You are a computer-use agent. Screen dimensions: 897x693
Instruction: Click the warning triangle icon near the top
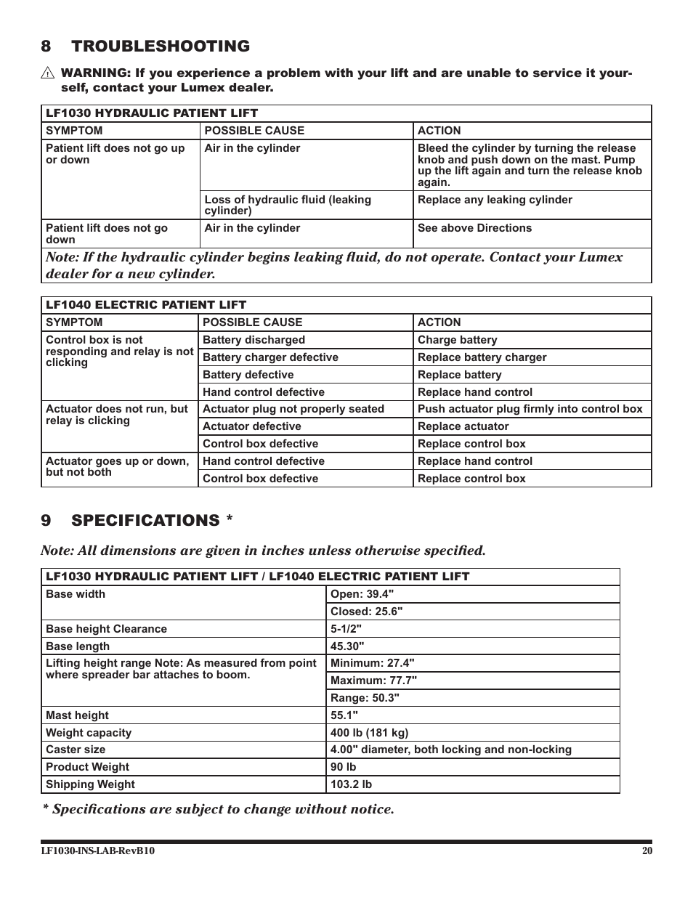click(48, 73)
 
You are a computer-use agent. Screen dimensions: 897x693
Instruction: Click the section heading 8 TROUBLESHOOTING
click(145, 46)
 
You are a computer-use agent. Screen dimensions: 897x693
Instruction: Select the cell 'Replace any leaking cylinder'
click(495, 200)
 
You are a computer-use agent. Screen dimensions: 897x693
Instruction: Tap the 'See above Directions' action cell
click(474, 228)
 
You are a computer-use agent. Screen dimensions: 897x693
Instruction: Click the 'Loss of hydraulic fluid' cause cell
click(288, 205)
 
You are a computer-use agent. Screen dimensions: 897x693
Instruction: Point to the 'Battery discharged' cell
click(254, 340)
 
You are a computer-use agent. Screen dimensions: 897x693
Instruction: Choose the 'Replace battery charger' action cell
click(482, 357)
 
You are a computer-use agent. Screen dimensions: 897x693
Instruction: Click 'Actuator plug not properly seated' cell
click(293, 409)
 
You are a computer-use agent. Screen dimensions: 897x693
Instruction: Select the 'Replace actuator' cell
click(463, 426)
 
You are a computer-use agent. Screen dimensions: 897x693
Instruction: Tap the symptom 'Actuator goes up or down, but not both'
click(117, 466)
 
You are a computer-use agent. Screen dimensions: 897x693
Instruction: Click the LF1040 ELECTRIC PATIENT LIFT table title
click(146, 305)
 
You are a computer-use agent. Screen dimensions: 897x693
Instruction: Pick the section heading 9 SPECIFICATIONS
click(137, 521)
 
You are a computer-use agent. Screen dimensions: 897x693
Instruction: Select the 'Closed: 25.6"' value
click(366, 612)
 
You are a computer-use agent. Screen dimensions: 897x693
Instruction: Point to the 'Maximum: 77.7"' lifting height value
click(373, 681)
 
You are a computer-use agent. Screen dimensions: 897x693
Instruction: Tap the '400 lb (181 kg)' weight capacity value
click(369, 733)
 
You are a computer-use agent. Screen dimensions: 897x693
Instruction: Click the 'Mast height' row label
click(77, 715)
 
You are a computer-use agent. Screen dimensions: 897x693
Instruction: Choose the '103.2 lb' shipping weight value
click(351, 784)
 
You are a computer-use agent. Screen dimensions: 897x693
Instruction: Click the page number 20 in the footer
click(647, 851)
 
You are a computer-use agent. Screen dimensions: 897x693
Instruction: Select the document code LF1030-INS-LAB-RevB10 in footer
click(97, 851)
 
